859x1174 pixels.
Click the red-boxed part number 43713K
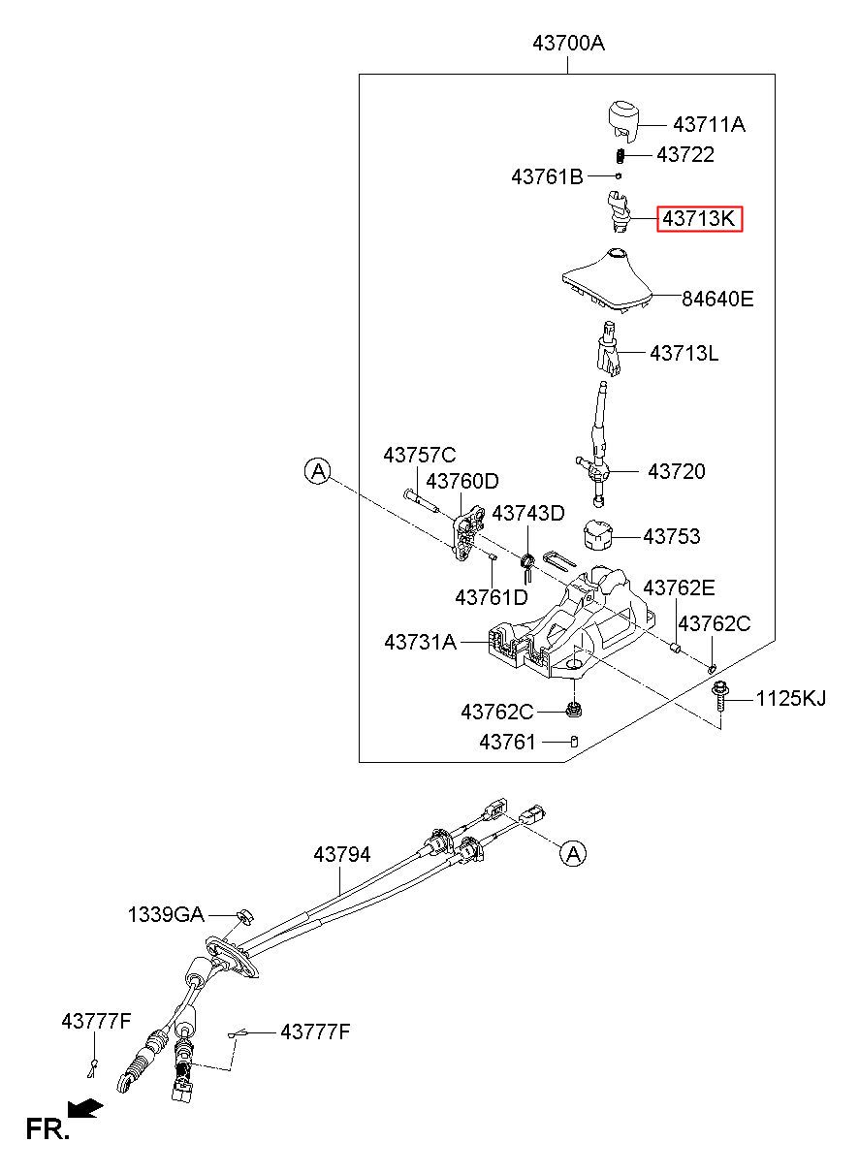click(x=700, y=218)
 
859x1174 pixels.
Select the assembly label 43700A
click(x=569, y=43)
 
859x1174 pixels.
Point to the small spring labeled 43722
click(x=620, y=156)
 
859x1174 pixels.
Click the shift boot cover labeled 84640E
click(x=608, y=281)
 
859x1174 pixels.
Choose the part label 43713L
click(x=684, y=353)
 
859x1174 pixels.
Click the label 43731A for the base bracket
click(x=421, y=642)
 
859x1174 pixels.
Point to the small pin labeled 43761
click(x=574, y=742)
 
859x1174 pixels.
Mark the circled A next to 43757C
click(x=318, y=472)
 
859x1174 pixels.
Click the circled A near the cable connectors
click(x=573, y=854)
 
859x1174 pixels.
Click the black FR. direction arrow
click(x=85, y=1107)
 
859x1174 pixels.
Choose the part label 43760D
click(x=462, y=481)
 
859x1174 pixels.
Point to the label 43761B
click(x=547, y=177)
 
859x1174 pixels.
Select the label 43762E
click(x=679, y=587)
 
